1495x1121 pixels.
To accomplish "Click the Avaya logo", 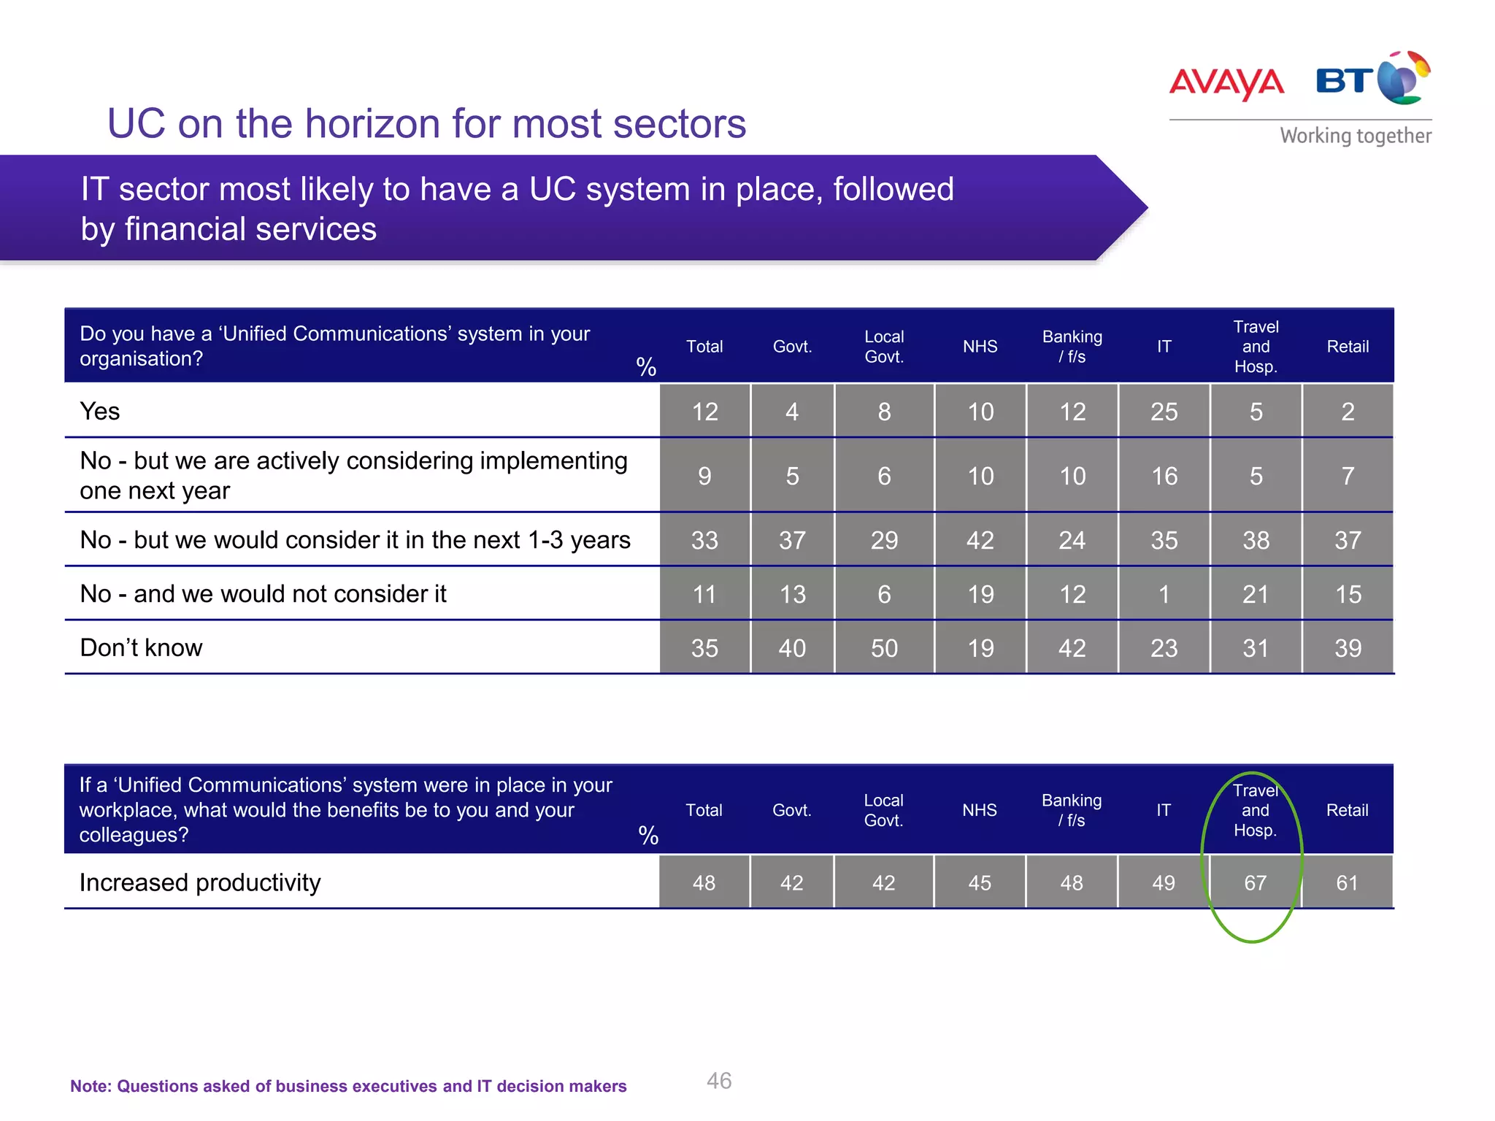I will [x=1226, y=82].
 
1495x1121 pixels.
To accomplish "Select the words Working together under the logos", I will [x=1355, y=136].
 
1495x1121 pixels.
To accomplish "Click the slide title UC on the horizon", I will [x=426, y=123].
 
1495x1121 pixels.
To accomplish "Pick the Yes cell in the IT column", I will [x=1164, y=412].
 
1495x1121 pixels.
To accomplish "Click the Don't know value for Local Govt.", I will [x=883, y=648].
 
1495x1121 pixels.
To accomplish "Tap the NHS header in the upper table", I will [x=980, y=347].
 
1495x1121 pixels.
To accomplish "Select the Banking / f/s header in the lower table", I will [x=1071, y=810].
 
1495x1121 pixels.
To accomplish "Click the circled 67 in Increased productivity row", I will [x=1255, y=883].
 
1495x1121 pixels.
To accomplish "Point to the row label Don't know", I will [x=141, y=648].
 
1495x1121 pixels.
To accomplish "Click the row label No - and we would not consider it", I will [x=263, y=594].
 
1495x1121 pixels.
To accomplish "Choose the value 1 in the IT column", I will [x=1164, y=594].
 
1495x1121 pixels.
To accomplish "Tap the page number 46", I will [x=718, y=1081].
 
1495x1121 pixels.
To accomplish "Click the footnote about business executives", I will [x=348, y=1086].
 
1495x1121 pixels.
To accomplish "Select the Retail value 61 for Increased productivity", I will [x=1347, y=883].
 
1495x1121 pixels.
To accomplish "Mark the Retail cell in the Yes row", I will [x=1348, y=412].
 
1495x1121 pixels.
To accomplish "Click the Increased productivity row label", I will [x=200, y=883].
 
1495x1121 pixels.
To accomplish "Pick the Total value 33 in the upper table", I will [x=704, y=540].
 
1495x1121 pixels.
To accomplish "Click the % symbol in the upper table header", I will [x=646, y=366].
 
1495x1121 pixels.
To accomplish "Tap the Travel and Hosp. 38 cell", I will [x=1256, y=540].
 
